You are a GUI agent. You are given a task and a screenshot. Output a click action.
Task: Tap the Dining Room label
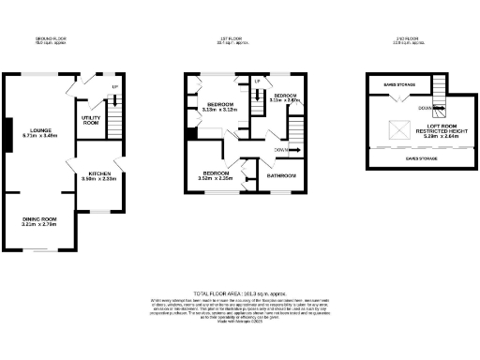pos(39,221)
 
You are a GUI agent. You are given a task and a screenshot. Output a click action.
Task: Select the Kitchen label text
pos(100,175)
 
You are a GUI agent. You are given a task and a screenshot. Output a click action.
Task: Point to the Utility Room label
pos(91,118)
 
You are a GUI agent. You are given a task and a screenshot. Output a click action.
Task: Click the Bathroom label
pos(280,175)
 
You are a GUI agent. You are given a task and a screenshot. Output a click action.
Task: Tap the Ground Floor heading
pos(51,40)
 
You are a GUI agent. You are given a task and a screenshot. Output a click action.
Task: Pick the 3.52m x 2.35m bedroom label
pos(217,176)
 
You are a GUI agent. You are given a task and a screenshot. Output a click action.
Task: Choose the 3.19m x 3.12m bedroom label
pos(222,106)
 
